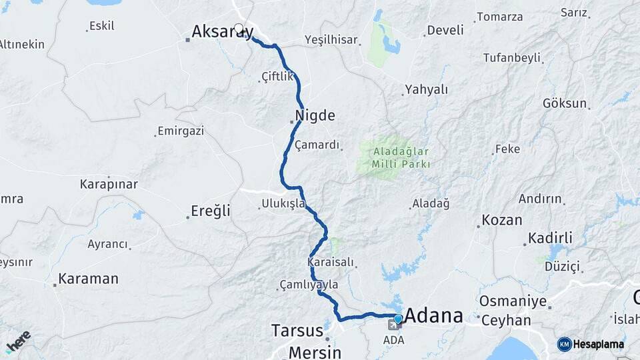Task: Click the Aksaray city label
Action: (221, 31)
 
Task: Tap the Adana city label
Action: (433, 315)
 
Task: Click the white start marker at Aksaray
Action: (239, 29)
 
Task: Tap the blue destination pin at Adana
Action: (398, 319)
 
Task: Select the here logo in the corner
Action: (18, 341)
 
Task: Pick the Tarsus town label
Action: (297, 330)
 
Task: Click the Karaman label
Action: (88, 279)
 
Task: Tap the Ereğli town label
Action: (211, 211)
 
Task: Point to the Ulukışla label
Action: (283, 203)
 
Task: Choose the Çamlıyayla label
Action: (309, 285)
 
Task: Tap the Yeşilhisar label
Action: (331, 39)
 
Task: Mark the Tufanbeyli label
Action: (511, 58)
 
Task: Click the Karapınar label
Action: (109, 183)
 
